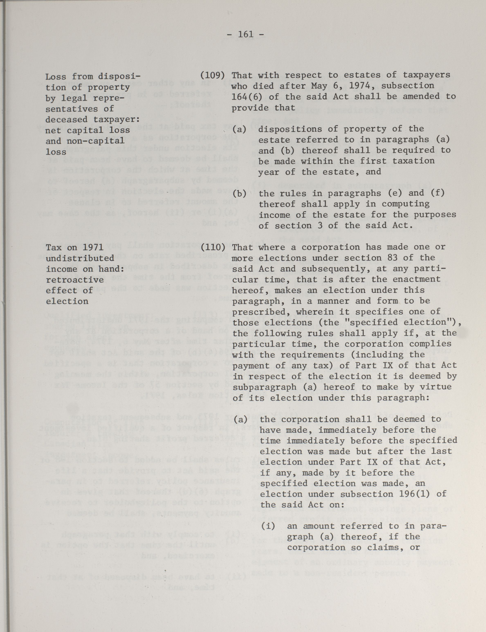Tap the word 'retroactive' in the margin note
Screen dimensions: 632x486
(75, 280)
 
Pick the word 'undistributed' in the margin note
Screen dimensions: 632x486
(80, 258)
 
